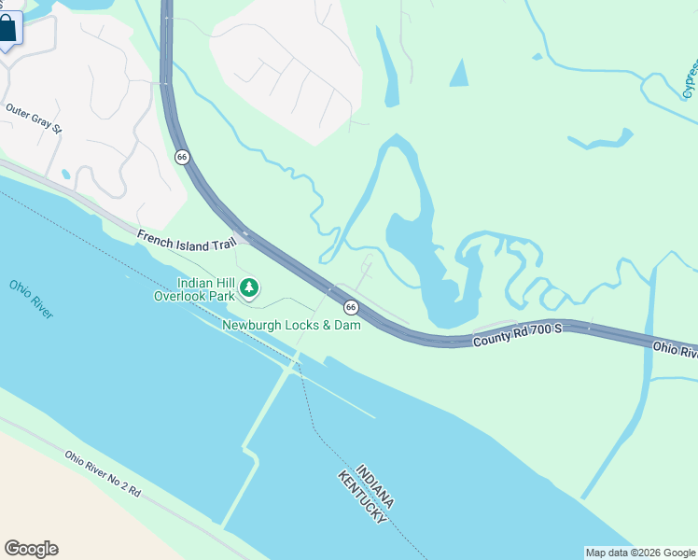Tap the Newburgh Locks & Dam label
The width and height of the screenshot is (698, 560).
point(291,325)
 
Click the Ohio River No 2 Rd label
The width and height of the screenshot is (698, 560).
point(102,473)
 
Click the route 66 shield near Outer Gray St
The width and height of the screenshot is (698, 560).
point(182,157)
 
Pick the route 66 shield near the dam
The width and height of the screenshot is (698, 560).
point(350,306)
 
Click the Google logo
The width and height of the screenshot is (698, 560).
point(31,549)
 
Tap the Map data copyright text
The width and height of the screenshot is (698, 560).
point(640,553)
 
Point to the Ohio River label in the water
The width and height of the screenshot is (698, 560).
point(32,299)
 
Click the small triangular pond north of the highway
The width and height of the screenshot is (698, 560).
point(459,74)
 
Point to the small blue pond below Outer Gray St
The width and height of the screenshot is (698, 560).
point(64,174)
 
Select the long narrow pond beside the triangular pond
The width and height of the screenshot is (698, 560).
point(387,67)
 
